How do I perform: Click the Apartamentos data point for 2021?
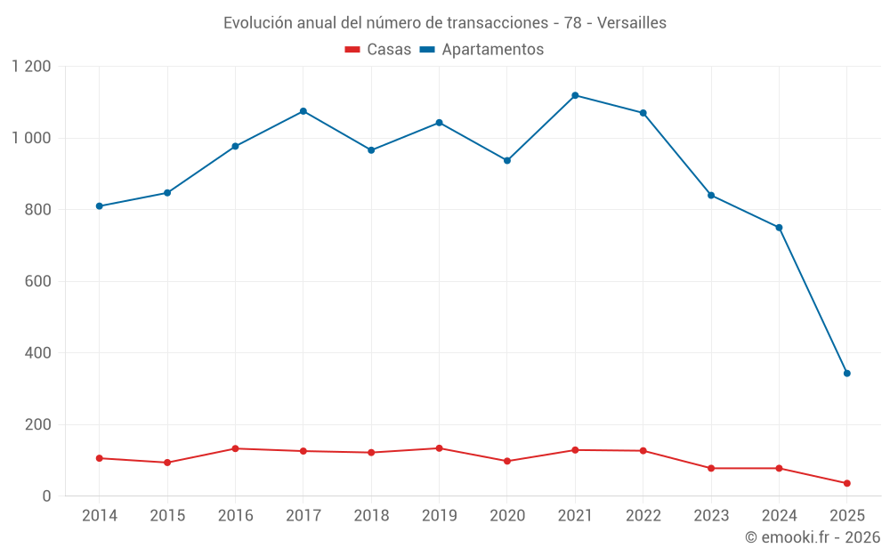coord(575,95)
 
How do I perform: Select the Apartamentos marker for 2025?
coord(846,374)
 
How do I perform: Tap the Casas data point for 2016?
coord(235,448)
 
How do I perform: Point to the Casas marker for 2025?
coord(846,483)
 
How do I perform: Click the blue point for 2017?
coord(303,111)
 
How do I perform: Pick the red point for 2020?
coord(507,461)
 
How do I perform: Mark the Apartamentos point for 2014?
coord(100,206)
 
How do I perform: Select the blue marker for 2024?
coord(779,228)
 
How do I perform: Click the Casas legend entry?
coord(378,50)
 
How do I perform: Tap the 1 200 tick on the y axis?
coord(32,67)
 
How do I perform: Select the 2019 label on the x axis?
coord(439,516)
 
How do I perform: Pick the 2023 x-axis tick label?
coord(711,516)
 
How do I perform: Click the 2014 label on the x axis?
coord(100,516)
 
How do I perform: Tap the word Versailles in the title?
coord(632,23)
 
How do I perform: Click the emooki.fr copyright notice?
coord(812,537)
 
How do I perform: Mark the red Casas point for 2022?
coord(643,451)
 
